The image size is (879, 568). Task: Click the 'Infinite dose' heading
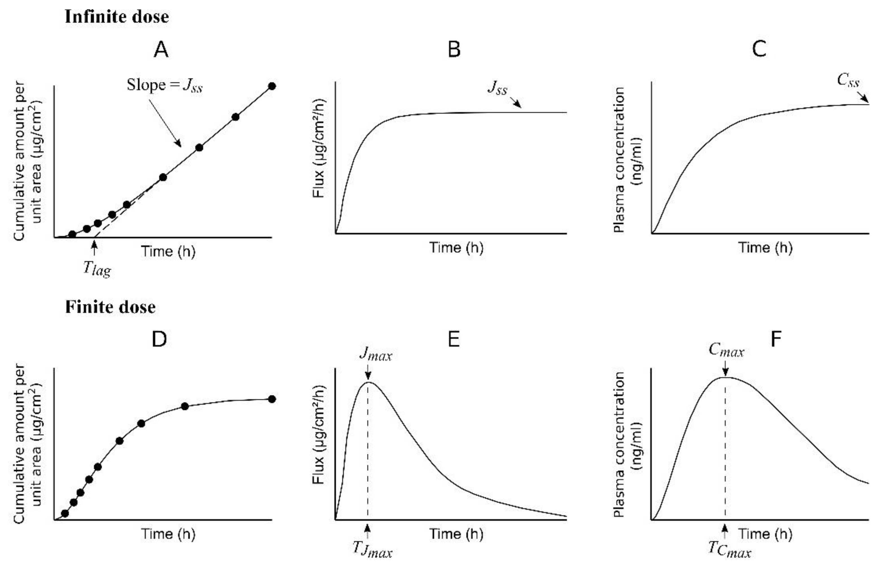117,17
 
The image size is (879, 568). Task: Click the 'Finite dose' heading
110,307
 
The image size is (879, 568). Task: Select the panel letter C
759,49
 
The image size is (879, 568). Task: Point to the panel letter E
454,339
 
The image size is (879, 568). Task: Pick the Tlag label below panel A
97,269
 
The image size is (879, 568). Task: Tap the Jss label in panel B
497,88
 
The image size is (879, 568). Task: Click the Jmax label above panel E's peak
375,354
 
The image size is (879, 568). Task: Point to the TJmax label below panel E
372,549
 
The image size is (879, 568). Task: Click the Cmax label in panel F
726,350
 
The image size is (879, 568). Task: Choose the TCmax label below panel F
729,549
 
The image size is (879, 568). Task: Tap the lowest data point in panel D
65,513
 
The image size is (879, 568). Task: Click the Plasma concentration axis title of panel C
628,159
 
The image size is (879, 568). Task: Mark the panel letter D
159,339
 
